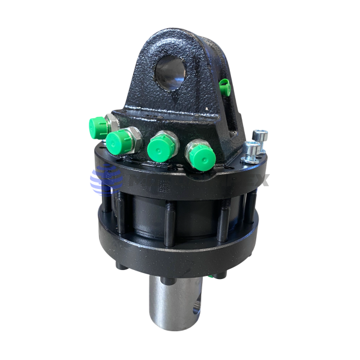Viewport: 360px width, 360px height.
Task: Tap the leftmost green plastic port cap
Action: (98, 126)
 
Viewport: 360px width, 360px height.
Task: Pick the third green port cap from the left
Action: (161, 146)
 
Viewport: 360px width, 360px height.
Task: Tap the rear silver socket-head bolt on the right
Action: (259, 137)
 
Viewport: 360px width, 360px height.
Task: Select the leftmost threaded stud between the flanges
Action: (106, 204)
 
